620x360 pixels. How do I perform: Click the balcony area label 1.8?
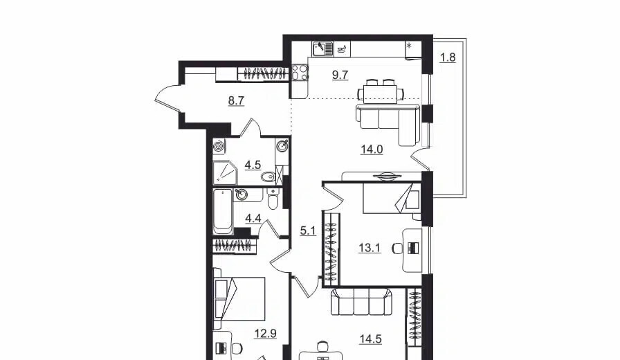(448, 57)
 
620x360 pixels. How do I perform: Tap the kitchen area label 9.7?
(340, 75)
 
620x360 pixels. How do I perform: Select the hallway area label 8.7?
(236, 101)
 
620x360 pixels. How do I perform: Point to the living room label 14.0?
(372, 150)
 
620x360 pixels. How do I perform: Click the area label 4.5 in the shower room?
(253, 165)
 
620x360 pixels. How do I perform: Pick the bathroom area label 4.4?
(253, 218)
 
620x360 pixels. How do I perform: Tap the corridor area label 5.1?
(308, 231)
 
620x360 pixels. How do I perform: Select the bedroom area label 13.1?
(370, 248)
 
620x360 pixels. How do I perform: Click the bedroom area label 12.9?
(265, 334)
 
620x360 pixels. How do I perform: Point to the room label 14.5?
(370, 339)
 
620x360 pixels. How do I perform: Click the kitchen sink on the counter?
(322, 48)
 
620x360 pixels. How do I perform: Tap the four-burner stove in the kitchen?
(300, 73)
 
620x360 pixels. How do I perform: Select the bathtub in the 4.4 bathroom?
(223, 212)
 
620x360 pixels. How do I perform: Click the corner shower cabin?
(225, 172)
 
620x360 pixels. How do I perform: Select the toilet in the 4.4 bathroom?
(273, 199)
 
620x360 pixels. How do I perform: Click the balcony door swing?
(419, 160)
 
